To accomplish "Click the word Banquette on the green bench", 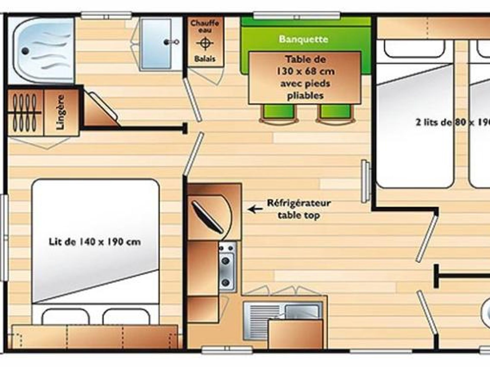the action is [x=303, y=39].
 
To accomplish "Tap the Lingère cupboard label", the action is [x=61, y=112].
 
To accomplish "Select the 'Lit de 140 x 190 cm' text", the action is [x=95, y=242].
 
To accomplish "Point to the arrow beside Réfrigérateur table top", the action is [x=255, y=209].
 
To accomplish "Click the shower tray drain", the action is [x=25, y=51].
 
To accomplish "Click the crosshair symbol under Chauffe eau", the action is [x=205, y=43].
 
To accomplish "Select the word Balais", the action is [x=205, y=59].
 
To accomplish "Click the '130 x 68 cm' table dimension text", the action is [x=305, y=71].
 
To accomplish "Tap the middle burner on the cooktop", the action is [x=226, y=261].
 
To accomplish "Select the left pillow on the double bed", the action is [x=66, y=317].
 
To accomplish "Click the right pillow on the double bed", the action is [x=126, y=317].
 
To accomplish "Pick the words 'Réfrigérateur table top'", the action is [x=299, y=209].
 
